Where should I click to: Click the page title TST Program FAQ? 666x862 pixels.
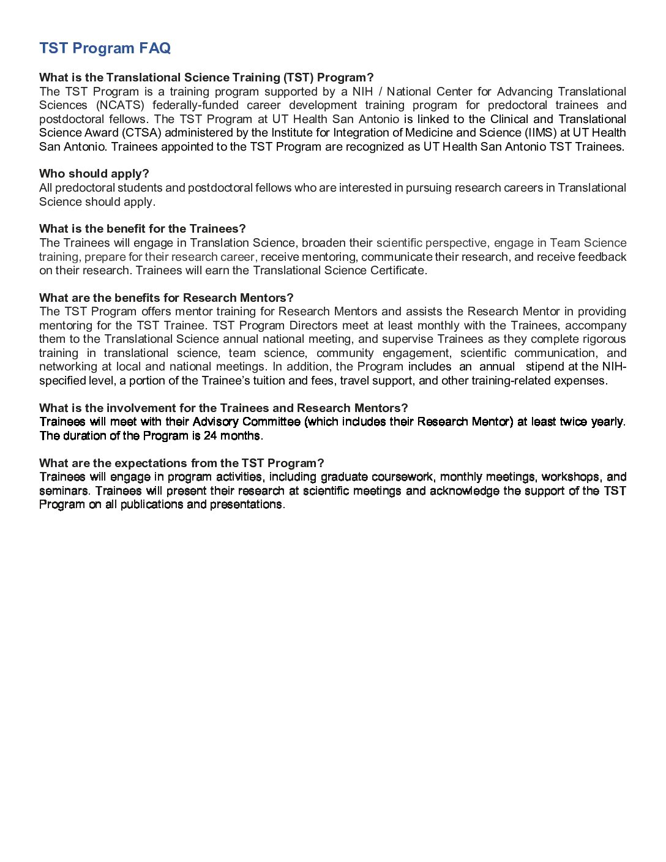pos(105,48)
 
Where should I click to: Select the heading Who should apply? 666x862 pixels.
pos(94,174)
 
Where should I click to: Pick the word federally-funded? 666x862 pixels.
pos(195,105)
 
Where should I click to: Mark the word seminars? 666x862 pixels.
pos(64,491)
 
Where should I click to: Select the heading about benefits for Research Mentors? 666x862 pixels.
pos(166,298)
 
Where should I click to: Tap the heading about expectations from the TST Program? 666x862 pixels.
pos(181,463)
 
